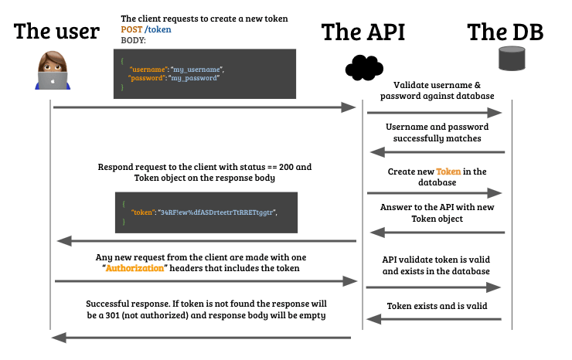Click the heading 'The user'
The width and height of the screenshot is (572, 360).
tap(57, 32)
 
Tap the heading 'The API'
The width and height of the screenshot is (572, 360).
tap(363, 32)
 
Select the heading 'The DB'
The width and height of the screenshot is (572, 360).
tap(506, 32)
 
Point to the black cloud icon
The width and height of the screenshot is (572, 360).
tap(364, 68)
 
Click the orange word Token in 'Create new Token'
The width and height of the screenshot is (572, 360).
tap(448, 172)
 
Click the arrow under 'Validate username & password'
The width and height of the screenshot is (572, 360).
tap(434, 113)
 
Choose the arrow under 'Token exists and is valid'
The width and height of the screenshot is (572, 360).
tap(434, 319)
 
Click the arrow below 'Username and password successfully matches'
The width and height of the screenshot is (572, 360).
tap(438, 152)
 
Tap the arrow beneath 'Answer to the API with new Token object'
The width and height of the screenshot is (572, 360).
tap(438, 233)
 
